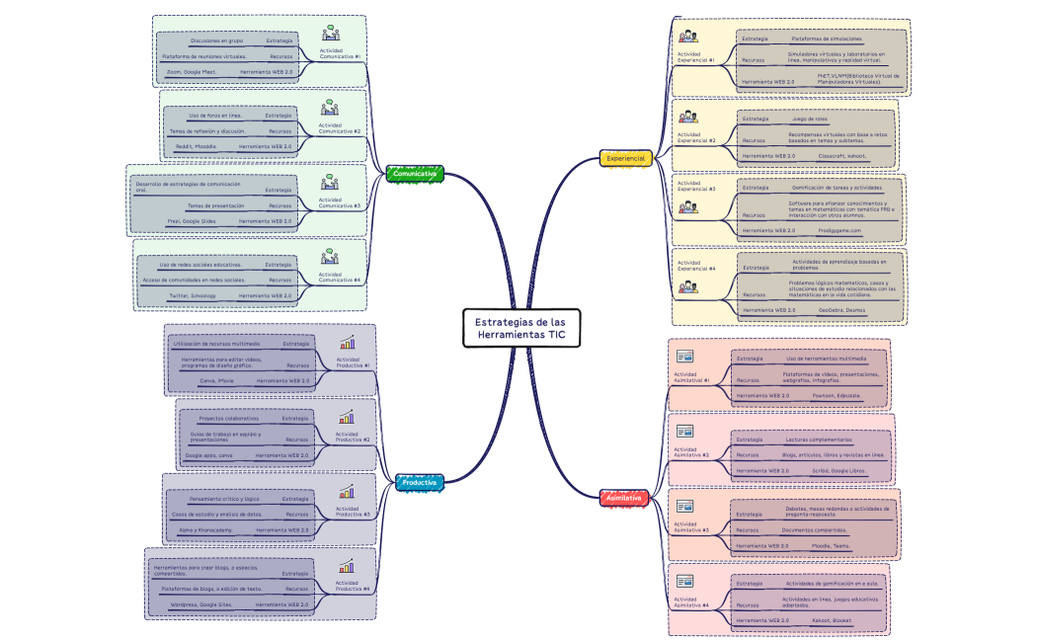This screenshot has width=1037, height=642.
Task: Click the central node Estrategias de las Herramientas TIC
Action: pyautogui.click(x=521, y=329)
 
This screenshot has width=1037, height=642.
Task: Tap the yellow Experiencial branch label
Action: pyautogui.click(x=625, y=158)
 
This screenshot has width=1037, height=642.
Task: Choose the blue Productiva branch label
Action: pyautogui.click(x=419, y=482)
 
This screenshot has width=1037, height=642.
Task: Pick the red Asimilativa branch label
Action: pyautogui.click(x=624, y=498)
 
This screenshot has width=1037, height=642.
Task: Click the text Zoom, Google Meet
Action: pyautogui.click(x=192, y=72)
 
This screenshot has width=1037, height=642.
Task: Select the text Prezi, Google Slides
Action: pyautogui.click(x=192, y=221)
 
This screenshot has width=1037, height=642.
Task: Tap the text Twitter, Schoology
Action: pyautogui.click(x=193, y=295)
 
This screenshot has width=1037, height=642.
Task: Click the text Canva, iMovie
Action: pyautogui.click(x=216, y=380)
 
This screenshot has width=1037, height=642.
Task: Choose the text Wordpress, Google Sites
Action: pyautogui.click(x=201, y=603)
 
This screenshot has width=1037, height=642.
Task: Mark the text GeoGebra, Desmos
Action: pyautogui.click(x=838, y=310)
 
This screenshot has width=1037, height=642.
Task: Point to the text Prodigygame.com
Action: pyautogui.click(x=839, y=231)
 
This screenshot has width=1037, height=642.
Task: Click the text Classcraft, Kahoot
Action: pyautogui.click(x=841, y=155)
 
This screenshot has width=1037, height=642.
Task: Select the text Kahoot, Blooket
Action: pyautogui.click(x=833, y=620)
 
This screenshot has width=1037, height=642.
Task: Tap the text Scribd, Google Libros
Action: pyautogui.click(x=839, y=470)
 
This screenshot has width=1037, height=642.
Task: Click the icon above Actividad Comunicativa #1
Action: pyautogui.click(x=330, y=33)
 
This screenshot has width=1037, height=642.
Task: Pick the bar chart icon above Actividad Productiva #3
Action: pyautogui.click(x=347, y=492)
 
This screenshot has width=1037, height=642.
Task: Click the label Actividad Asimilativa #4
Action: pyautogui.click(x=691, y=602)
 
